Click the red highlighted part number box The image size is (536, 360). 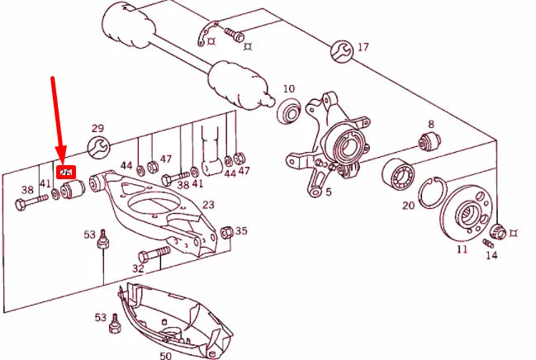(64, 172)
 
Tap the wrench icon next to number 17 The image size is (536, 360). (340, 50)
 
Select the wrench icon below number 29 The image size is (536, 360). (97, 148)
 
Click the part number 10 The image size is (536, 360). (288, 88)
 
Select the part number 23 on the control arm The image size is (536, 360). (208, 205)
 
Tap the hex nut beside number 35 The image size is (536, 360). (227, 233)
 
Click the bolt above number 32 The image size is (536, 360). (154, 251)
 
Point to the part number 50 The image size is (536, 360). (165, 354)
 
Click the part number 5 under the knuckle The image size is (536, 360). (328, 192)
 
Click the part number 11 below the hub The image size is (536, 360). (462, 248)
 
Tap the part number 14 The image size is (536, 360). (491, 256)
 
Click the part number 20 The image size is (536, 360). (408, 206)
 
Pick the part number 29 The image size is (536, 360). (97, 128)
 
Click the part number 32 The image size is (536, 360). (138, 268)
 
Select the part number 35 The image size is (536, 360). (241, 231)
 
